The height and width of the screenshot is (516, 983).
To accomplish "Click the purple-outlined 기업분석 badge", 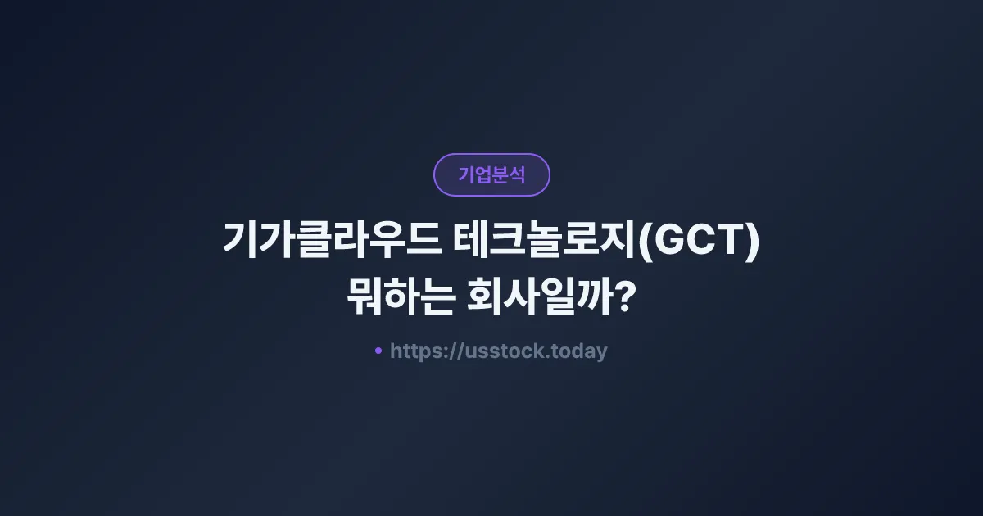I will click(491, 174).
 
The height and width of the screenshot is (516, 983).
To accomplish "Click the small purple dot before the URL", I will click(378, 351).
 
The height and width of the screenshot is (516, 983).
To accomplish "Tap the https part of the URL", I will click(416, 351).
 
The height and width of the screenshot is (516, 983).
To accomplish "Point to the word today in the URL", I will click(579, 351).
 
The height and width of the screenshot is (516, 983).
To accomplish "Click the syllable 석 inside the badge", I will click(516, 174).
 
